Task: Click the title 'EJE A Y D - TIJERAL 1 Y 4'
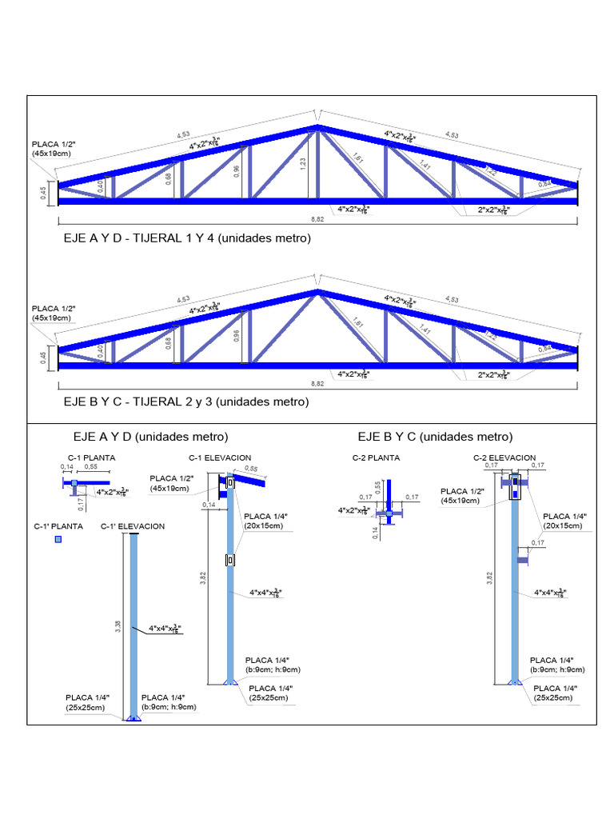click(187, 238)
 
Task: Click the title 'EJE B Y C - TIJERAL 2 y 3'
click(185, 402)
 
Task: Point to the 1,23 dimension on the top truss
click(302, 162)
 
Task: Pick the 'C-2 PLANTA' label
click(377, 457)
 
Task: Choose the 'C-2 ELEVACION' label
click(504, 457)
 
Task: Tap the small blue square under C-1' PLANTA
click(58, 541)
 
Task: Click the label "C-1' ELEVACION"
click(133, 526)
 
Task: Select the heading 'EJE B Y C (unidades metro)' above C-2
click(435, 437)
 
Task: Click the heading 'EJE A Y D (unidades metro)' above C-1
click(150, 437)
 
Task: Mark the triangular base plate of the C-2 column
click(515, 681)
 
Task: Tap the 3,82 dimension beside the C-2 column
click(489, 579)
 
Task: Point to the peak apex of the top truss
click(318, 126)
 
